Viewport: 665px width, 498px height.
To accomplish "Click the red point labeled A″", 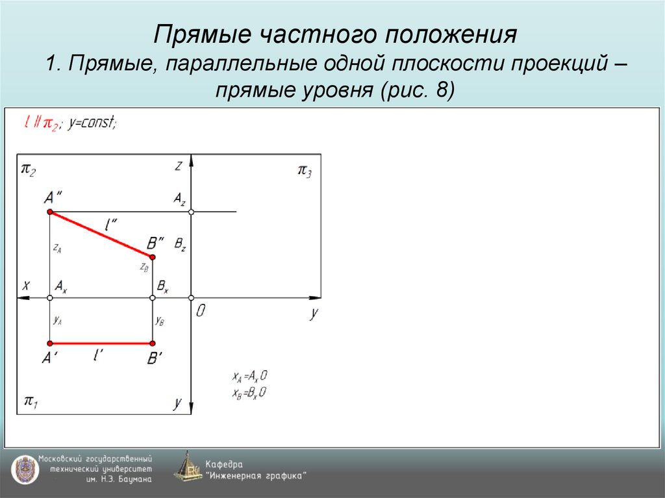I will click(49, 212).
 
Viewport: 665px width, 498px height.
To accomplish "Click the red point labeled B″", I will click(153, 256).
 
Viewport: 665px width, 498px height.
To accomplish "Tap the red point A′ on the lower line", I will click(49, 343).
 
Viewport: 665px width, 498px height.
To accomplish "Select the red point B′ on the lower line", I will click(153, 343).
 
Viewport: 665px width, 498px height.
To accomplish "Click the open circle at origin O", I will click(191, 297).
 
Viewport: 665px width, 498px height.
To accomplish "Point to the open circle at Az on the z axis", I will click(191, 212).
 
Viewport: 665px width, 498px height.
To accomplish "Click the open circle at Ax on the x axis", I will click(49, 297).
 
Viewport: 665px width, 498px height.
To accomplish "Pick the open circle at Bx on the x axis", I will click(153, 297).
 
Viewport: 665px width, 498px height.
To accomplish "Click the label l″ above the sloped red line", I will click(111, 225).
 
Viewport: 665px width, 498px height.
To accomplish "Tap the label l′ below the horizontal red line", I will click(99, 355).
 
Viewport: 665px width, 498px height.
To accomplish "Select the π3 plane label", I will click(304, 171).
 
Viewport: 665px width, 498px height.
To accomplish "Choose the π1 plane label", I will click(30, 401).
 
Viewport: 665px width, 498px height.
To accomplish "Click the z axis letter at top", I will click(178, 166).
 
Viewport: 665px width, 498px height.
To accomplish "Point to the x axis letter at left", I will click(26, 285).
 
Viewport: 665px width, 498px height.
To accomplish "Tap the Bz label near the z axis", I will click(180, 245).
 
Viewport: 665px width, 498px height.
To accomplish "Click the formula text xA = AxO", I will click(250, 377).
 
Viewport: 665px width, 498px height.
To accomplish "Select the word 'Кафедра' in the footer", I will click(224, 464).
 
